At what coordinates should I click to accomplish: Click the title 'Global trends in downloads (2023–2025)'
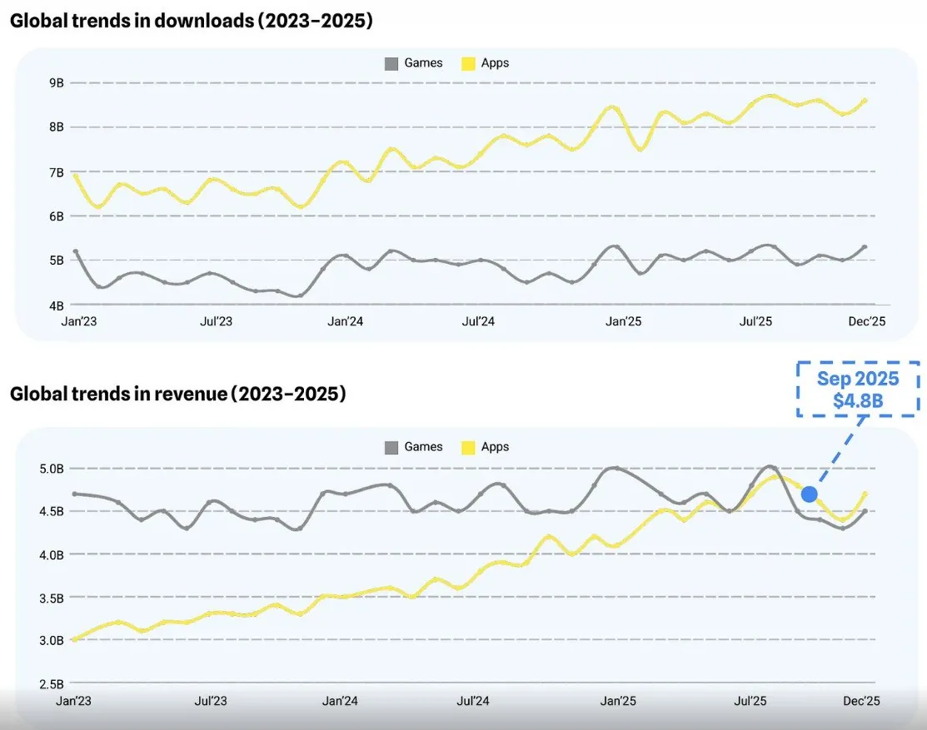(x=191, y=22)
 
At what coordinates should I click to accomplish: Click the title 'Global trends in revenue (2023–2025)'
(x=177, y=394)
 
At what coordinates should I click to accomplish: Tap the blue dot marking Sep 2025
(x=809, y=494)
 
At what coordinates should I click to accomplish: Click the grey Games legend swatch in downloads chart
(x=391, y=63)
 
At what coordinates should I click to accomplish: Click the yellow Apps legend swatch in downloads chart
(x=468, y=63)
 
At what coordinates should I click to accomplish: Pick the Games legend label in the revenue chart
(x=423, y=447)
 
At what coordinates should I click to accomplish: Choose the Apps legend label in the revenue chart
(x=495, y=447)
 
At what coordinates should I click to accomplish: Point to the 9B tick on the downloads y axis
(x=57, y=82)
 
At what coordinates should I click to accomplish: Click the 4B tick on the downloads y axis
(x=57, y=305)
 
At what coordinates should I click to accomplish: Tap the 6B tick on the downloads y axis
(x=57, y=216)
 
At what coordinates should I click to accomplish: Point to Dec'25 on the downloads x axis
(x=866, y=321)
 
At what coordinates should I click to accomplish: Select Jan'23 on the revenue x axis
(x=73, y=701)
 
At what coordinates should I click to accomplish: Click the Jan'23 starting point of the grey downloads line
(x=76, y=251)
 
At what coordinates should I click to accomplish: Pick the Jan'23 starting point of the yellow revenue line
(x=74, y=639)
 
